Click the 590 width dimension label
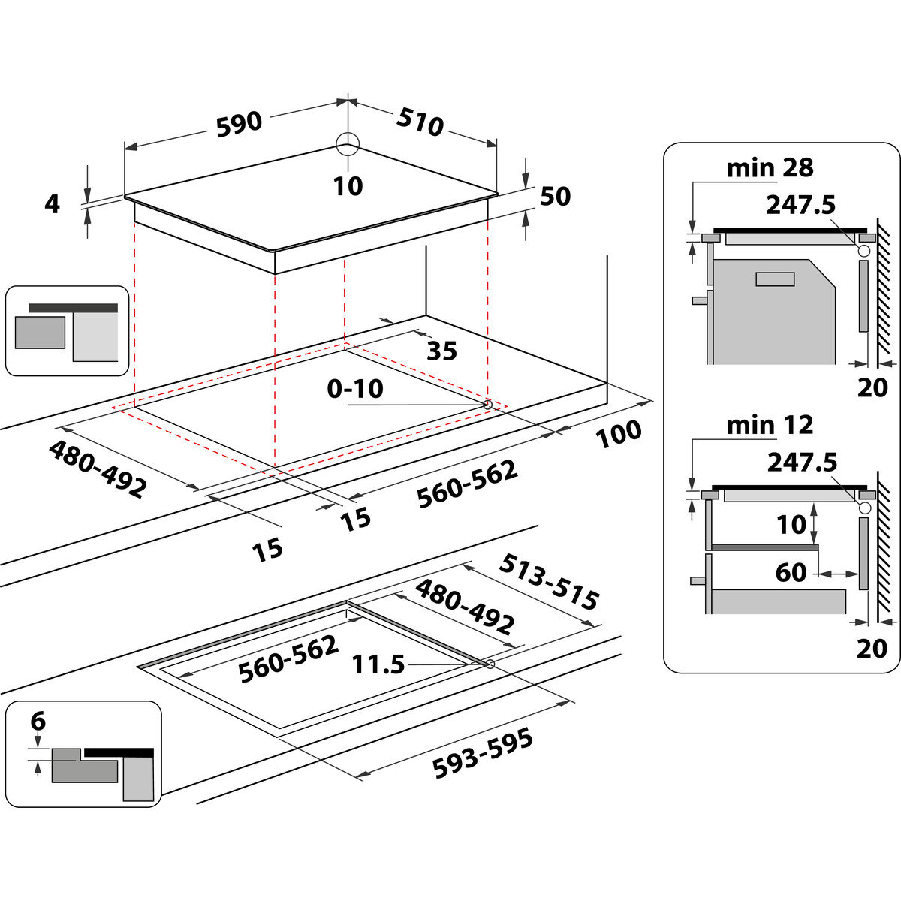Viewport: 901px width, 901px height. pos(240,124)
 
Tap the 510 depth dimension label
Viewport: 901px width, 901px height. pos(420,122)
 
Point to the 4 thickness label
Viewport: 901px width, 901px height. pos(52,203)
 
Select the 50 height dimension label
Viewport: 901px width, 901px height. pos(555,196)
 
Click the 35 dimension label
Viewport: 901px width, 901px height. pos(441,351)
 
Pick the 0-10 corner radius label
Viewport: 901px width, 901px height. pos(354,389)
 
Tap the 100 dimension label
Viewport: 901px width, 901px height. pos(619,434)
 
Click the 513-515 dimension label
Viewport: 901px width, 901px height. pos(550,583)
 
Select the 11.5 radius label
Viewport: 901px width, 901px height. pos(379,664)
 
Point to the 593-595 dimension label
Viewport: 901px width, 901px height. pos(483,753)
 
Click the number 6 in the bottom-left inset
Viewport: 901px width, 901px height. pos(38,722)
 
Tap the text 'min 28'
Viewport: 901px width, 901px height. pos(770,167)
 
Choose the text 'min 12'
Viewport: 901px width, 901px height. pos(770,425)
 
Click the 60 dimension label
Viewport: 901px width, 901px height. pos(791,573)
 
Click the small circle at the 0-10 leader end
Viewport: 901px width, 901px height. pos(487,405)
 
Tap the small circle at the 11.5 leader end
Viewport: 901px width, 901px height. pos(490,664)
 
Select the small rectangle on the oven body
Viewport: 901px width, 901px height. pos(775,279)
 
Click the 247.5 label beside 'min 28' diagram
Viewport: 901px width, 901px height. pos(801,204)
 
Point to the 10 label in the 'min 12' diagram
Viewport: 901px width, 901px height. pos(791,524)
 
